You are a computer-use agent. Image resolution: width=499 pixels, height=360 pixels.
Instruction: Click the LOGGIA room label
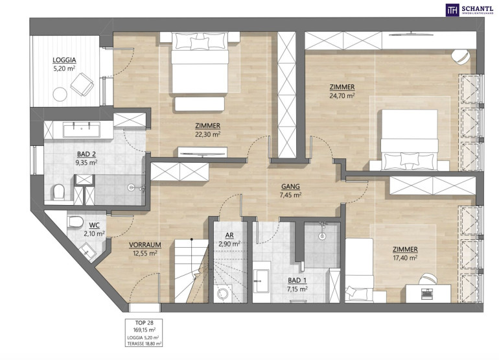pyautogui.click(x=64, y=60)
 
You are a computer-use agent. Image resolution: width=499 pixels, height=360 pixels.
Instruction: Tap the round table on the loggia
pyautogui.click(x=60, y=94)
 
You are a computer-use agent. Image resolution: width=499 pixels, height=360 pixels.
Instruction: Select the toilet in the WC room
pyautogui.click(x=75, y=221)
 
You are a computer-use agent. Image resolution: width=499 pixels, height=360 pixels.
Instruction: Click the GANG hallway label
pyautogui.click(x=290, y=187)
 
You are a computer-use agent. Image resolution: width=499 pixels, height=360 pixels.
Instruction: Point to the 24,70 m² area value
pyautogui.click(x=342, y=95)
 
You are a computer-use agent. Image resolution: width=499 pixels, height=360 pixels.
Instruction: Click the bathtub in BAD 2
pyautogui.click(x=82, y=129)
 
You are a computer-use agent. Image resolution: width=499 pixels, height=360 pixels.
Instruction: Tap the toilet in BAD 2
pyautogui.click(x=59, y=192)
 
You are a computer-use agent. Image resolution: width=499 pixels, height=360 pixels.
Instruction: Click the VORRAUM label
pyautogui.click(x=145, y=245)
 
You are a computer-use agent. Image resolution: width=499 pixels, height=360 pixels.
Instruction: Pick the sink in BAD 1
pyautogui.click(x=261, y=281)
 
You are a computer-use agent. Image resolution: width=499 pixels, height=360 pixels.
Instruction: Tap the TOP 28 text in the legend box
pyautogui.click(x=144, y=323)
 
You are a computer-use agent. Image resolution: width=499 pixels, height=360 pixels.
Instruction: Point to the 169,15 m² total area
pyautogui.click(x=144, y=330)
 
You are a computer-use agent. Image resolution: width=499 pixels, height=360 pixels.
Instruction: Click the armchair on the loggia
pyautogui.click(x=82, y=84)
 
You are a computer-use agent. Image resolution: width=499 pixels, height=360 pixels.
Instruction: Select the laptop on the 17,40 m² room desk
pyautogui.click(x=426, y=293)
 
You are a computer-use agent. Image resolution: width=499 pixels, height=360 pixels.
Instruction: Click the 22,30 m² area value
pyautogui.click(x=208, y=134)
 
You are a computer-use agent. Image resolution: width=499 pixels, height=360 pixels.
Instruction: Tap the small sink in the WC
pyautogui.click(x=87, y=251)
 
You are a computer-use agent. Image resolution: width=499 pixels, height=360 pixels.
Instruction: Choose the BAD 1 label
pyautogui.click(x=297, y=281)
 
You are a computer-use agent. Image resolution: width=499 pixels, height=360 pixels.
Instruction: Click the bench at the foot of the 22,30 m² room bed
pyautogui.click(x=200, y=104)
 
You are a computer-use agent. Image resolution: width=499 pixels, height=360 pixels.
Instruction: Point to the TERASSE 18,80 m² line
pyautogui.click(x=144, y=343)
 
